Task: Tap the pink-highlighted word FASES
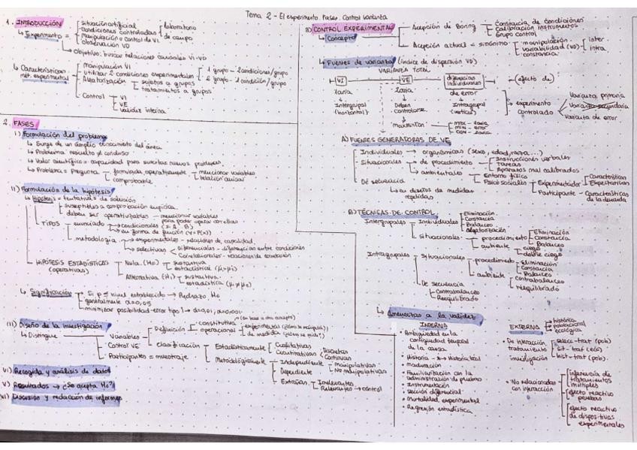pos(27,122)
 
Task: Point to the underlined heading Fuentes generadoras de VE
pos(390,139)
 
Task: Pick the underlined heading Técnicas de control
pos(387,212)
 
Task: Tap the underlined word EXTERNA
pos(524,327)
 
